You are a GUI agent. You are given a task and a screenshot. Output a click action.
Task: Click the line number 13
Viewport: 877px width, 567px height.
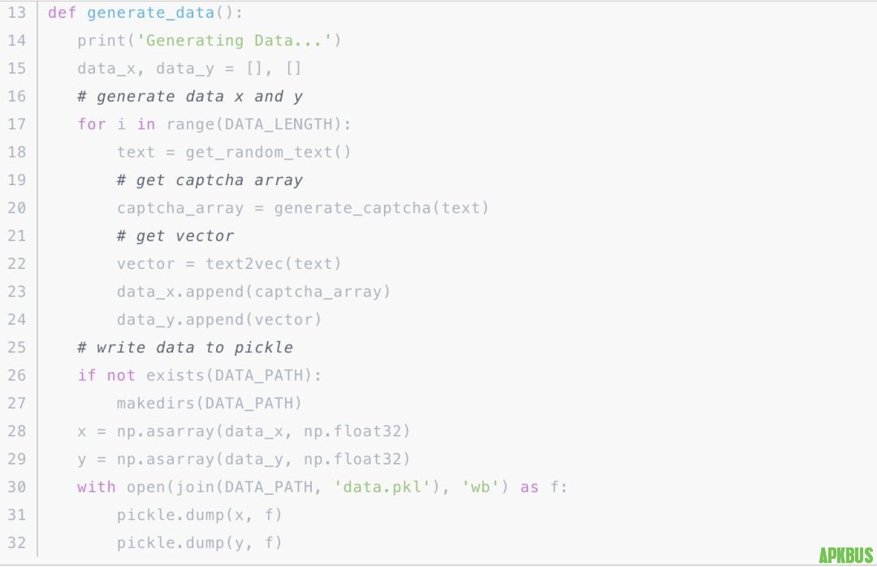[x=17, y=13]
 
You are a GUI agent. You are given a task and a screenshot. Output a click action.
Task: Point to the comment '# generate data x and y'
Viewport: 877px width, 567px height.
[x=190, y=97]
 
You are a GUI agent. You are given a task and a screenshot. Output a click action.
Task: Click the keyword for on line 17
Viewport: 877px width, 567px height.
[x=92, y=124]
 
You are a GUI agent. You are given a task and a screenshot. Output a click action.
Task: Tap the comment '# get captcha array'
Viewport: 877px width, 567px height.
[x=210, y=180]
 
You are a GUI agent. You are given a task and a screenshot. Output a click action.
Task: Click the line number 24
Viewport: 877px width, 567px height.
[x=17, y=319]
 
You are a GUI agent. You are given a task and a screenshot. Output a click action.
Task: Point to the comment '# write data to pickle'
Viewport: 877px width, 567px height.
[x=185, y=348]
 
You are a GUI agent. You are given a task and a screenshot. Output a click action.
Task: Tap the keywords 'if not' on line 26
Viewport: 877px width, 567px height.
[x=106, y=375]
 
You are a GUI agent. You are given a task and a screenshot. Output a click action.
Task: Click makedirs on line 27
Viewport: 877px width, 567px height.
[x=156, y=403]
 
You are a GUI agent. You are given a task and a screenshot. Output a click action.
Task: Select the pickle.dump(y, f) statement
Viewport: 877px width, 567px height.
[x=200, y=543]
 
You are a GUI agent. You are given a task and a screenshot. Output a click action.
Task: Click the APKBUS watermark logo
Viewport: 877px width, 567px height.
[x=845, y=555]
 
